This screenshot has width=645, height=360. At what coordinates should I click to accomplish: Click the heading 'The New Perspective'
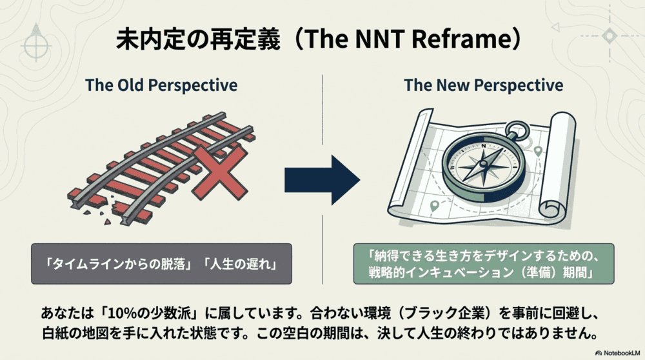(483, 85)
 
